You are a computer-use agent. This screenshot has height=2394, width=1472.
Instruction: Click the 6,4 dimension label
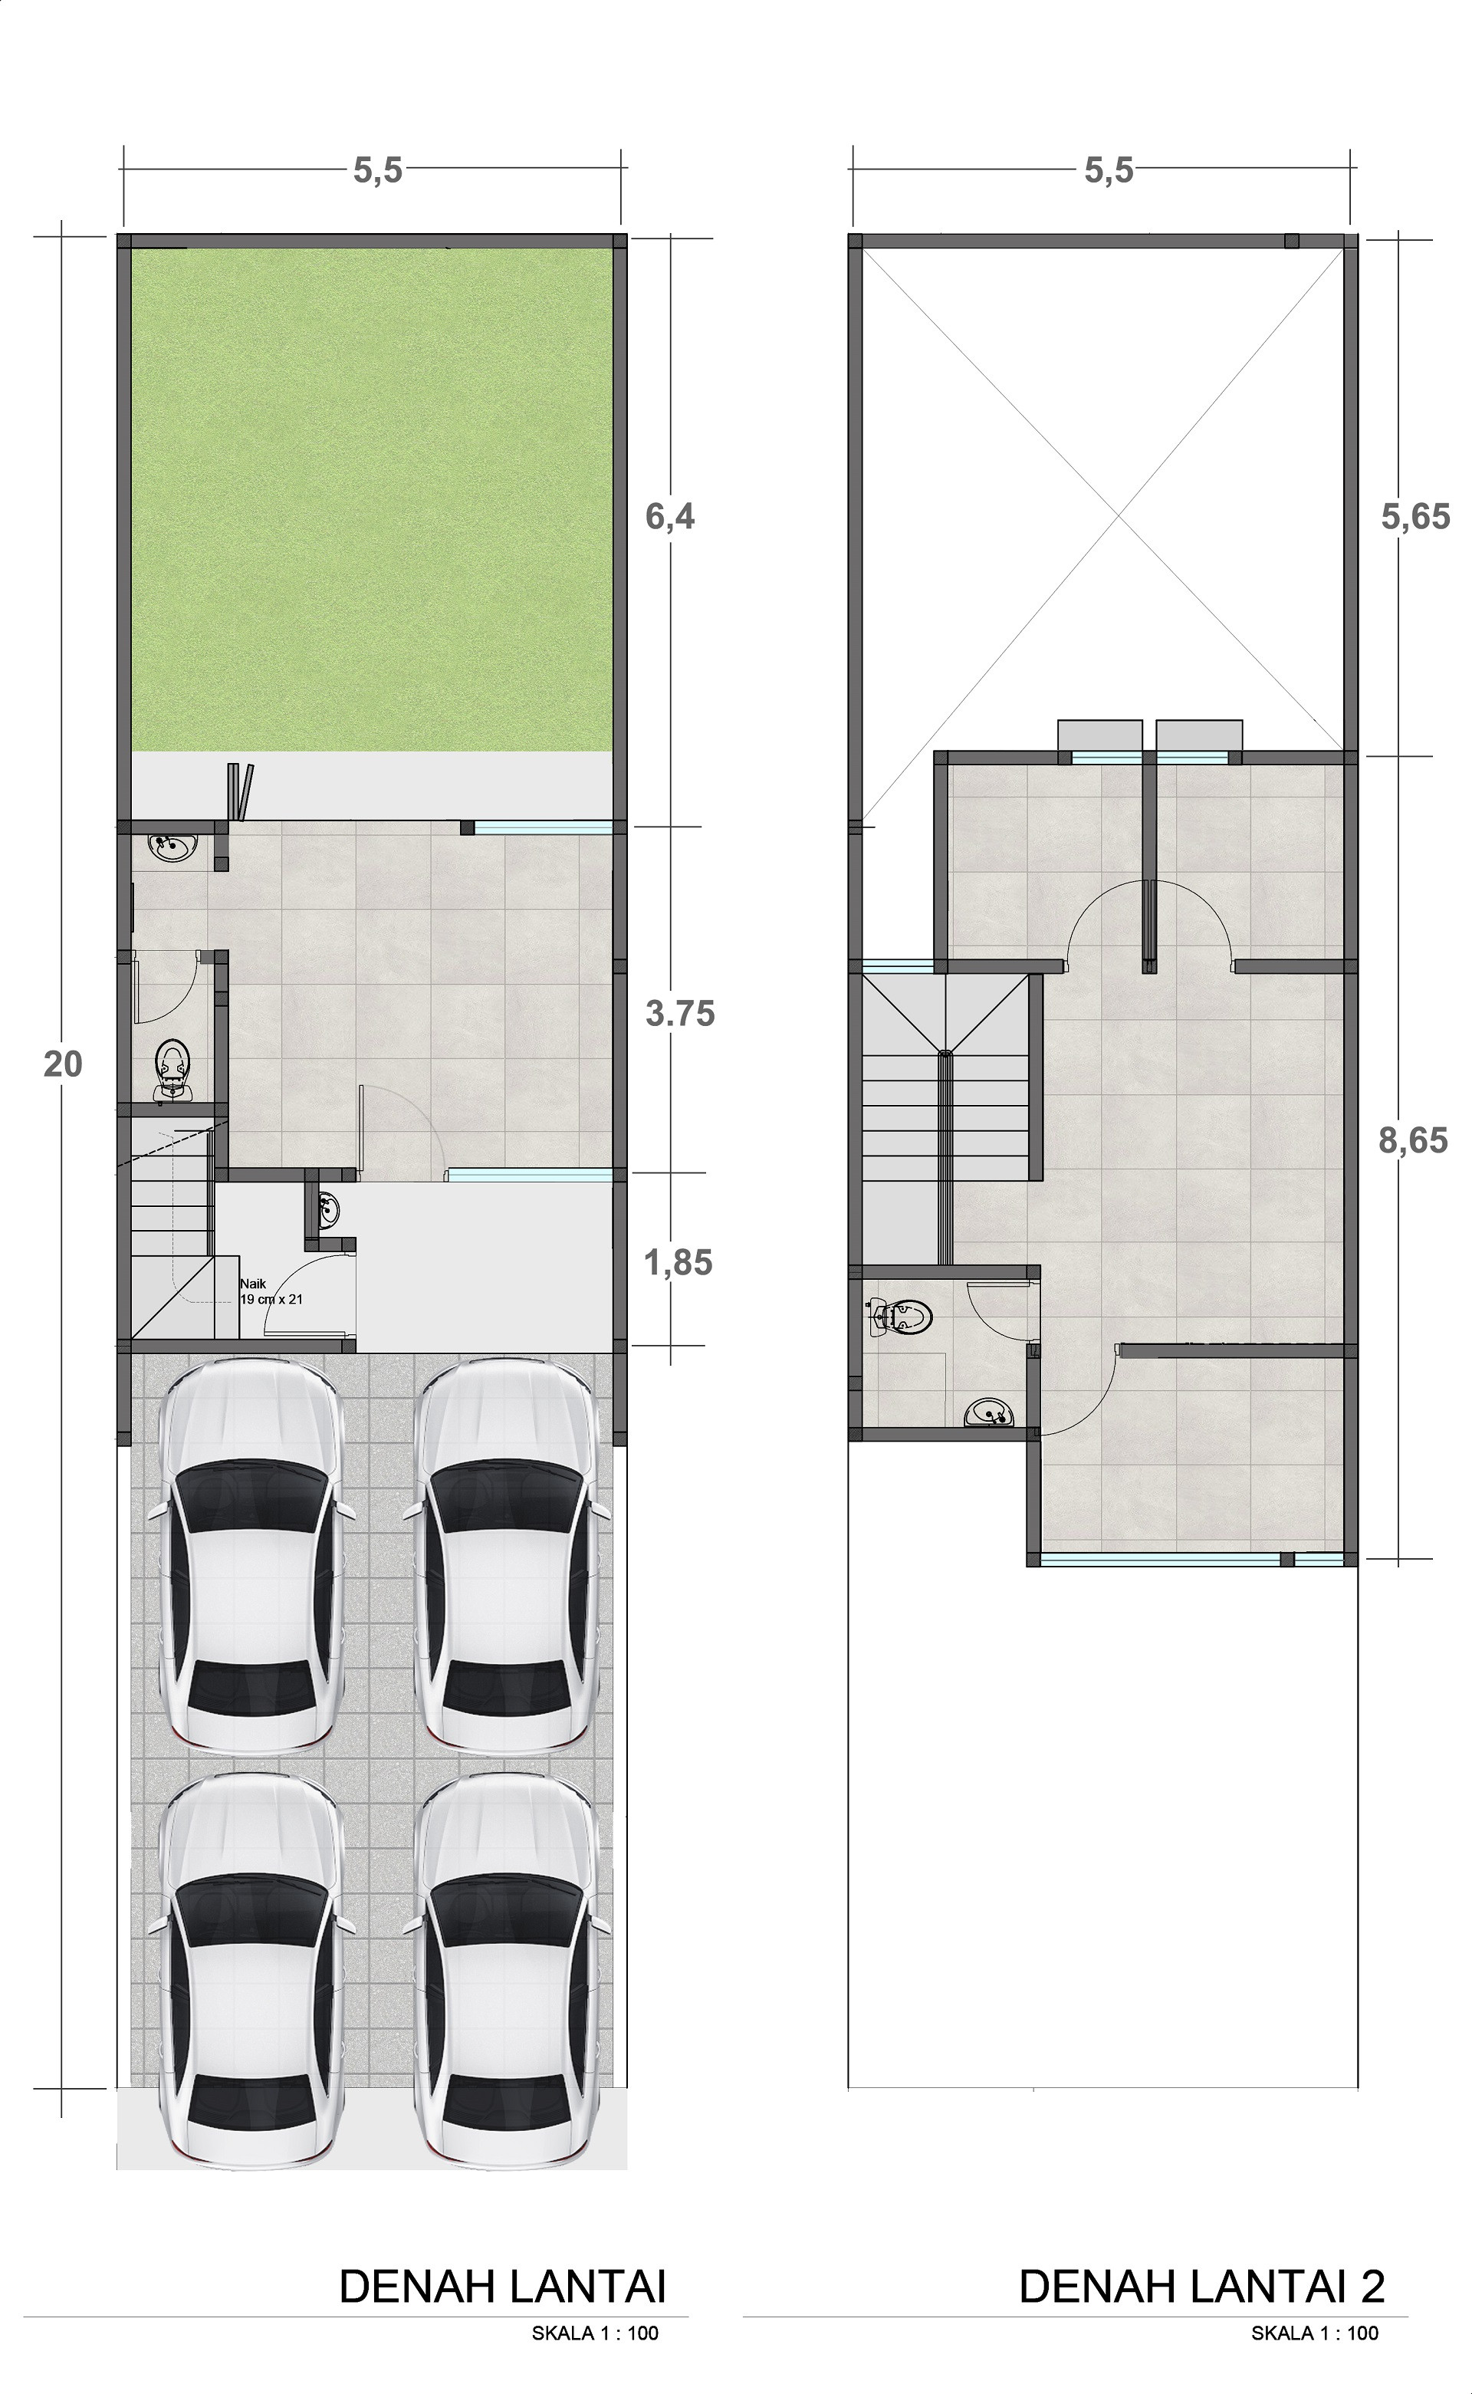[671, 517]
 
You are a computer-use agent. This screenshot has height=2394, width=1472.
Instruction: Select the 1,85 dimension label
[678, 1264]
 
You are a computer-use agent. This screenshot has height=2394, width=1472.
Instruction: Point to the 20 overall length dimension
[64, 1065]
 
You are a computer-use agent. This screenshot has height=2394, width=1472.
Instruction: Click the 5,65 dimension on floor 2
[1415, 517]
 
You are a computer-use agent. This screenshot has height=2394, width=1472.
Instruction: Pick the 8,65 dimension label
[1413, 1140]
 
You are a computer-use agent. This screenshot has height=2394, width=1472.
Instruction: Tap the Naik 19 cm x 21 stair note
[271, 1292]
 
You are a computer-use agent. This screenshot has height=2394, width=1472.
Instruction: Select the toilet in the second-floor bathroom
[902, 1317]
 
